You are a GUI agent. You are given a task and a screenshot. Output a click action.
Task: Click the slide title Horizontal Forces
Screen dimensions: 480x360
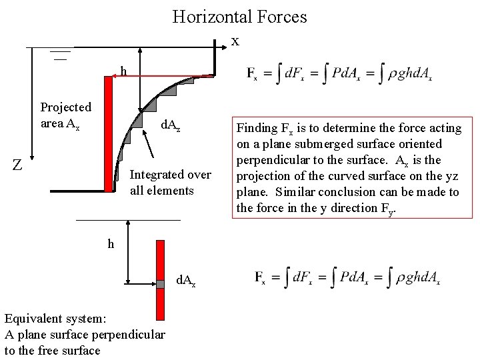(x=239, y=16)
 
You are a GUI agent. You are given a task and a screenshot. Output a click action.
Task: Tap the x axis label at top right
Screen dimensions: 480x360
(x=235, y=41)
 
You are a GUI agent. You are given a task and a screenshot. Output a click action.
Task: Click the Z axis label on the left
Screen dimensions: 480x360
(x=18, y=164)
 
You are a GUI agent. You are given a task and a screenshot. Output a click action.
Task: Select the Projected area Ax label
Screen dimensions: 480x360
(x=65, y=115)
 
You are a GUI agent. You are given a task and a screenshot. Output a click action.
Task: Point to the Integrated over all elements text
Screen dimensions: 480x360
(x=170, y=183)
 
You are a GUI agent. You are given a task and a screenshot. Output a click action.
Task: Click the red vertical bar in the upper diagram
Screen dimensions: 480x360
(x=109, y=133)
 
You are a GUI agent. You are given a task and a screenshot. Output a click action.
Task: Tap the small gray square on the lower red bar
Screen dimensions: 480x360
(x=160, y=284)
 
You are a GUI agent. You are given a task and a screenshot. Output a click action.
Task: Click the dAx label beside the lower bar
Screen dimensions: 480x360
(x=185, y=281)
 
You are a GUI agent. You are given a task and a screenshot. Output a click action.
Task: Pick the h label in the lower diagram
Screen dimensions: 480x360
(x=111, y=244)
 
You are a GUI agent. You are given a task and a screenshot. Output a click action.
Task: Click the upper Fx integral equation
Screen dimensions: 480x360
(x=339, y=73)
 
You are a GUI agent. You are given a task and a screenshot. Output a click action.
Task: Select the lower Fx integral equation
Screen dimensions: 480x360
(x=347, y=277)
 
